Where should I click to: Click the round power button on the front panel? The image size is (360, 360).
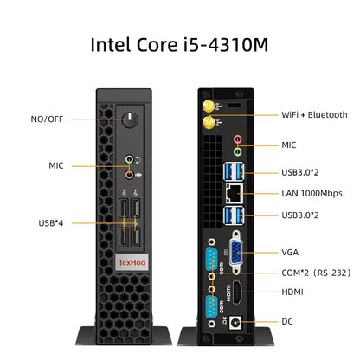click(x=130, y=119)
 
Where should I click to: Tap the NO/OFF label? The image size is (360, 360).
click(x=47, y=119)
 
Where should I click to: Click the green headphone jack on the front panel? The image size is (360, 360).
click(x=129, y=159)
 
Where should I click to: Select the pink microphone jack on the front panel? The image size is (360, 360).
click(x=129, y=175)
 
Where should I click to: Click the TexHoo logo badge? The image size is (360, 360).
click(x=132, y=262)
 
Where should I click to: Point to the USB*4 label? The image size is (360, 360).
click(x=51, y=223)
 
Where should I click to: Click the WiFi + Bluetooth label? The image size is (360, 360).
click(x=314, y=115)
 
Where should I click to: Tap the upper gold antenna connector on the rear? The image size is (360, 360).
click(x=208, y=106)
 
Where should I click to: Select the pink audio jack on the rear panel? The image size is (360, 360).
click(x=237, y=139)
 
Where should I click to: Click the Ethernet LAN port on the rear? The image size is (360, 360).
click(x=234, y=193)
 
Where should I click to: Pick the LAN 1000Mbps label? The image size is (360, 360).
click(x=312, y=193)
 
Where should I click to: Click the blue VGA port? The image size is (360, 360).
click(x=236, y=253)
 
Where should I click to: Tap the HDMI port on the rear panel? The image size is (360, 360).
click(x=237, y=292)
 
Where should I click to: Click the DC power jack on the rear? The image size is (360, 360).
click(x=235, y=322)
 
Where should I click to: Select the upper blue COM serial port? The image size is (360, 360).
click(x=212, y=260)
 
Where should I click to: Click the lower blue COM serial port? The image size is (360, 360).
click(x=212, y=307)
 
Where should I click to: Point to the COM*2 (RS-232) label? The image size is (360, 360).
click(x=316, y=273)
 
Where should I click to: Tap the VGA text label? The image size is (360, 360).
click(x=290, y=253)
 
